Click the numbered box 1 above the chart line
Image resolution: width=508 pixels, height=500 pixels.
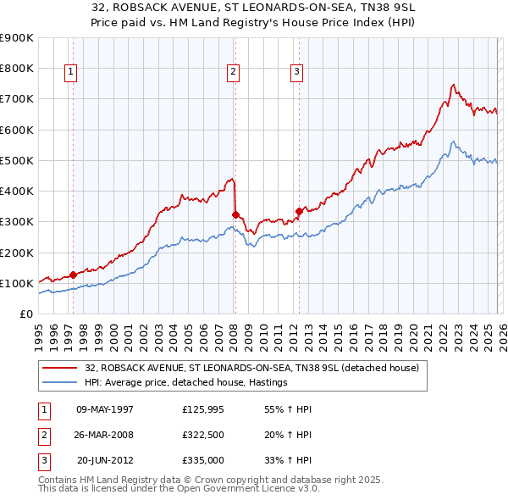pos(70,73)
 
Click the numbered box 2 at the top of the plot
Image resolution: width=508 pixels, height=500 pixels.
pos(233,73)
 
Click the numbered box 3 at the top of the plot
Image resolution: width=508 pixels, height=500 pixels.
pos(297,73)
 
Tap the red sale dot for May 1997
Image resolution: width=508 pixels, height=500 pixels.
pos(74,275)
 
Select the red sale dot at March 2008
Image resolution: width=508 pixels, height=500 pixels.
pos(235,214)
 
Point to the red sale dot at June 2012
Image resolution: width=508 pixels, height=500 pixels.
pos(299,211)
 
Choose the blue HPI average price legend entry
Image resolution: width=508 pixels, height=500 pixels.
pos(186,383)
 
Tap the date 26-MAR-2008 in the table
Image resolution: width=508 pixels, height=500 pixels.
pos(105,435)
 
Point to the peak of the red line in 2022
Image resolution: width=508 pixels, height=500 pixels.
pos(454,85)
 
